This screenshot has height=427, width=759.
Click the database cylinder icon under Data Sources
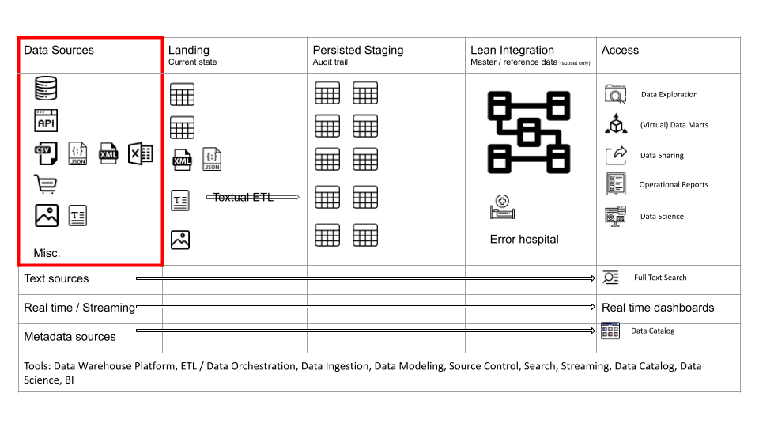pos(46,88)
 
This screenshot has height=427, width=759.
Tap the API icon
pos(46,120)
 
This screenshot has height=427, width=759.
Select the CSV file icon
pos(46,153)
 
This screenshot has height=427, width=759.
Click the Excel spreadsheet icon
pos(141,153)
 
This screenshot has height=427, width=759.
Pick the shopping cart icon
pos(46,184)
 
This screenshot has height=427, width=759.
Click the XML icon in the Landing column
pos(182,160)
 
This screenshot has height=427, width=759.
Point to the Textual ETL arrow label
pos(243,197)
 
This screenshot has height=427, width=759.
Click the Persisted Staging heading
pos(357,50)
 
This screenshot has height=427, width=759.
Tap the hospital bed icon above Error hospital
pos(503,206)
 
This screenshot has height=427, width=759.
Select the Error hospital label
pos(524,239)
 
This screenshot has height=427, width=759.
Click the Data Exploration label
pos(670,94)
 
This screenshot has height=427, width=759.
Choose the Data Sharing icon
pos(616,156)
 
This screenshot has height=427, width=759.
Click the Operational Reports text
pos(674,184)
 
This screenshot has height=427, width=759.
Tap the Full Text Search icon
pos(611,278)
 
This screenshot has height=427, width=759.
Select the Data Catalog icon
pos(610,331)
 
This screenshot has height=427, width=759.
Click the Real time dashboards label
pos(658,308)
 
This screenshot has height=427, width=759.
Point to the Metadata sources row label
pos(70,337)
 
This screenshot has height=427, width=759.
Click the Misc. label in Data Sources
pos(47,253)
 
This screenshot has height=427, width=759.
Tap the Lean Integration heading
pos(512,50)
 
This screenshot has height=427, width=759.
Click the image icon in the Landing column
pos(180,240)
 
